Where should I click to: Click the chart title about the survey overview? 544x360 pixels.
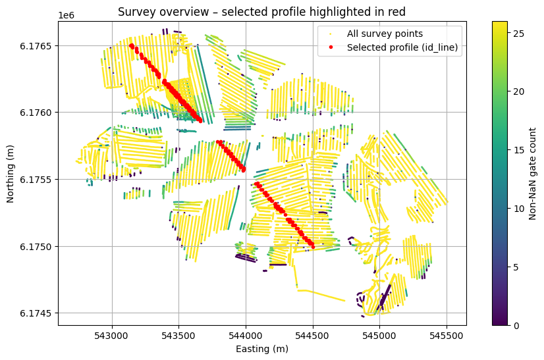pyautogui.click(x=262, y=11)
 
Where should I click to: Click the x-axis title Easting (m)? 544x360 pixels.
pyautogui.click(x=262, y=349)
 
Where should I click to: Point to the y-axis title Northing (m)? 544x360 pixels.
pyautogui.click(x=11, y=172)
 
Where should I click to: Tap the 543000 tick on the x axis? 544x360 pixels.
pyautogui.click(x=112, y=334)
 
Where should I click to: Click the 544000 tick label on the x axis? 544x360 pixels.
pyautogui.click(x=246, y=334)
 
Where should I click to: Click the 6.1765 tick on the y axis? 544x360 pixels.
pyautogui.click(x=40, y=45)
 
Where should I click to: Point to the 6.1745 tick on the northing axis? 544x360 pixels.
pyautogui.click(x=40, y=313)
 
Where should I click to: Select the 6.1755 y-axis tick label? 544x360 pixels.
pyautogui.click(x=40, y=180)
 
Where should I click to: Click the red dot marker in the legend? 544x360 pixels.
pyautogui.click(x=329, y=47)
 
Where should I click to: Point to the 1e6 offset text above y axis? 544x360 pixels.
pyautogui.click(x=67, y=14)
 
